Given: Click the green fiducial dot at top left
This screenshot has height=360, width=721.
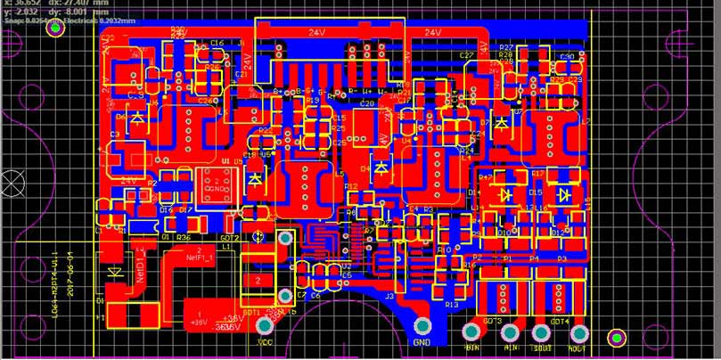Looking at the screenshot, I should pos(56,29).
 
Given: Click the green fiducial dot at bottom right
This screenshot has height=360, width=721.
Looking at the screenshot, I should pos(616,338).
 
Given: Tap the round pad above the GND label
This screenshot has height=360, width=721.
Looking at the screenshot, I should pos(422,327).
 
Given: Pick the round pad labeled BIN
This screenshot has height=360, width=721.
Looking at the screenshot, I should pos(471,332).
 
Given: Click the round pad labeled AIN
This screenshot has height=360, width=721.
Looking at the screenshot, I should pos(512,332).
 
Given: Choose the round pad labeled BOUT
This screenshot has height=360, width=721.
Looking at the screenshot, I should pos(541,332).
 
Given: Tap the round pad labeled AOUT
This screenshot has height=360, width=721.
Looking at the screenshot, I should pos(576,332).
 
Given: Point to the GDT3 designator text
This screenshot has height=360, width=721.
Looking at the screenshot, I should pos(491,321).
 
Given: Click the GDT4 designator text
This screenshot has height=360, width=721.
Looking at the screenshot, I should pos(559,321).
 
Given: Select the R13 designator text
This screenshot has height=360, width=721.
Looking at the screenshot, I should pos(452,305).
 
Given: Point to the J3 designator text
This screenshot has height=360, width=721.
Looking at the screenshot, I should pos(389,295).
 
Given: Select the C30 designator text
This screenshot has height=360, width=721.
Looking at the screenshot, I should pos(567,57).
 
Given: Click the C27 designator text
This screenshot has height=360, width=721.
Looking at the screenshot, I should pos(466,55).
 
